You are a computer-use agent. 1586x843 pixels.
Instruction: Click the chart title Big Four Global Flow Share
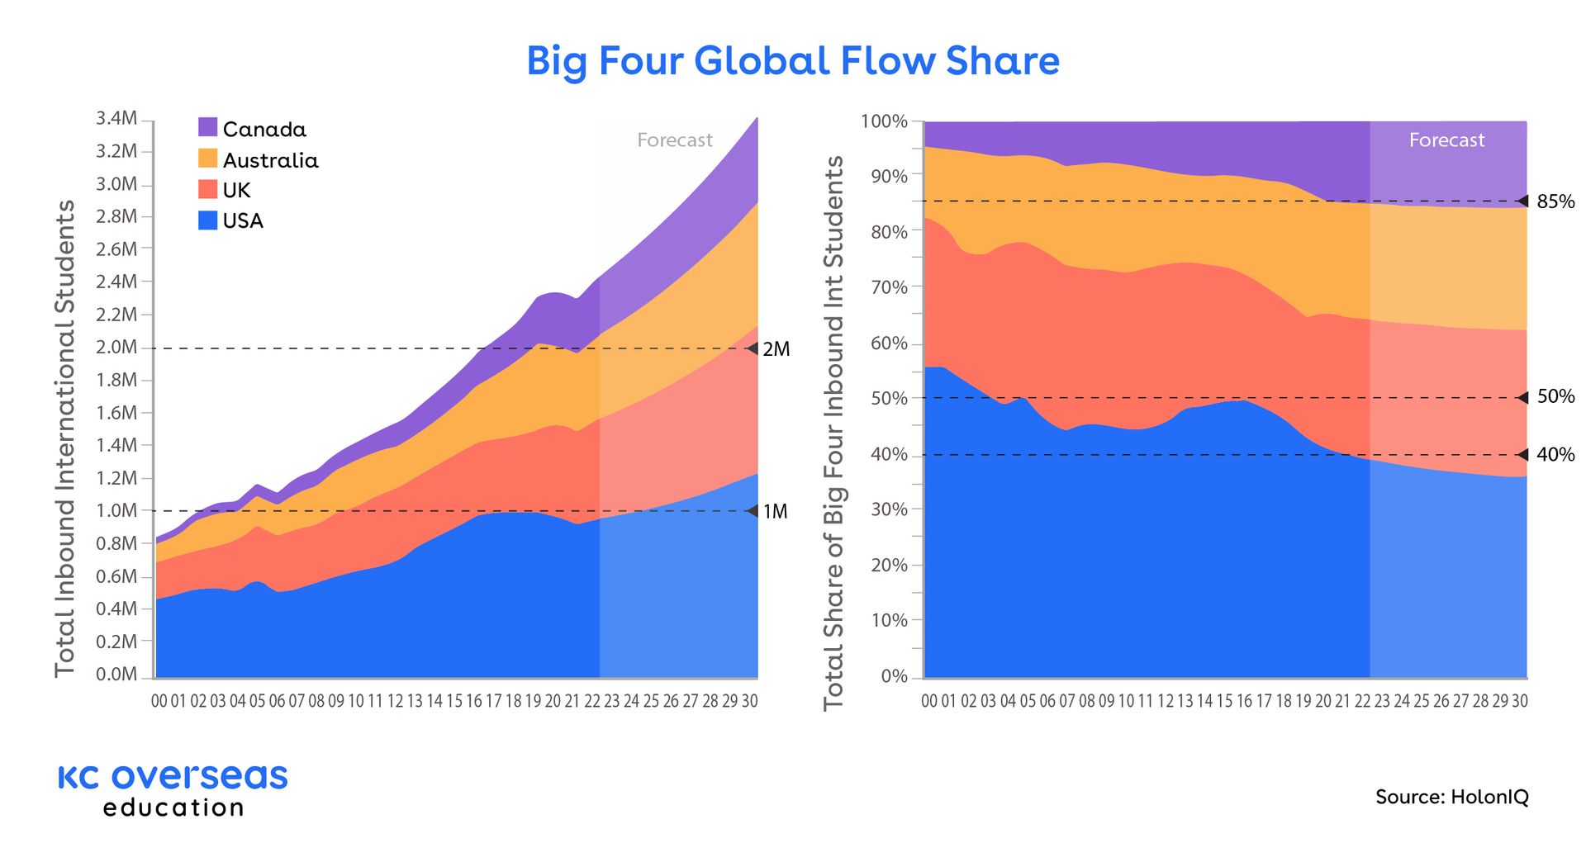[793, 61]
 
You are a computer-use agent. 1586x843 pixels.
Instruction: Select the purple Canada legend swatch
[208, 127]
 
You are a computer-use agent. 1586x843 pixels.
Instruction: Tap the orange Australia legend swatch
[208, 159]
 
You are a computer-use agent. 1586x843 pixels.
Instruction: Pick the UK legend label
[236, 191]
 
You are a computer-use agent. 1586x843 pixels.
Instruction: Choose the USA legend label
[243, 221]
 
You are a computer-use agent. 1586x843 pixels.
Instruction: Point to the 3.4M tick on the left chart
[116, 119]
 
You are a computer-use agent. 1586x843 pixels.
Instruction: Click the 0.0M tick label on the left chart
[116, 675]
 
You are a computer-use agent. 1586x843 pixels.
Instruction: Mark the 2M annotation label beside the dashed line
[776, 349]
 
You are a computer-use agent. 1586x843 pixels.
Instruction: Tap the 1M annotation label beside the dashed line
[775, 512]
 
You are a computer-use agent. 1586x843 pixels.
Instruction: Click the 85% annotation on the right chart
[1555, 201]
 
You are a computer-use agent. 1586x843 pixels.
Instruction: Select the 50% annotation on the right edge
[1555, 397]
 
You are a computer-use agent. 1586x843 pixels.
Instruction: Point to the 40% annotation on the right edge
[1555, 455]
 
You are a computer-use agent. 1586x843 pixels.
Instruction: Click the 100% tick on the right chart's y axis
[884, 121]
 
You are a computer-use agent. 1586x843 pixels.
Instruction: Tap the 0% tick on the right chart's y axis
[894, 676]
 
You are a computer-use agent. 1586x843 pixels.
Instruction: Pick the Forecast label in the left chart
[675, 140]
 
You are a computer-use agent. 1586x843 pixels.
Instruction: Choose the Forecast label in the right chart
[1446, 140]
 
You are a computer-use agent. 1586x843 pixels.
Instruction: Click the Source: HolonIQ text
[1452, 797]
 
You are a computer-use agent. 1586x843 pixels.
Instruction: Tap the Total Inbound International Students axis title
[65, 438]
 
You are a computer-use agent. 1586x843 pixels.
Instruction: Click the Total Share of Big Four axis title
[833, 433]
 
